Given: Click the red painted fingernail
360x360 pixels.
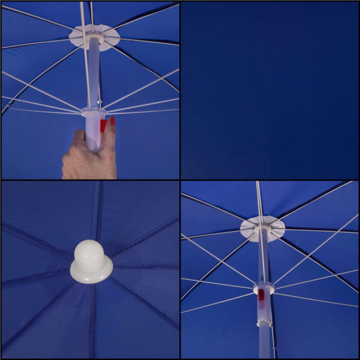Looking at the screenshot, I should [112, 121].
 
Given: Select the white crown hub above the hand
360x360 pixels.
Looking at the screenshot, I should [94, 37].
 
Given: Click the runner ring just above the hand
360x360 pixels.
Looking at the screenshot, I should [94, 112].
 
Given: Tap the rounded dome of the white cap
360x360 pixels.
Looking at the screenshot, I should [92, 251].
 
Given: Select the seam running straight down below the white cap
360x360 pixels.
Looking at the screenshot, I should [93, 319].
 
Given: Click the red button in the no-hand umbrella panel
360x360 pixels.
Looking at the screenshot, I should [261, 295].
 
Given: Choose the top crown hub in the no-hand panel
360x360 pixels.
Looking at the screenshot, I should [262, 227].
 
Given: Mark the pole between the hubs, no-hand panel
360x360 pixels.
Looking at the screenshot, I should [263, 257].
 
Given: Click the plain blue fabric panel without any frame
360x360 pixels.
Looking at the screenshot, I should [269, 90].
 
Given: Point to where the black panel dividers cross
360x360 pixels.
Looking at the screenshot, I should [180, 179].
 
